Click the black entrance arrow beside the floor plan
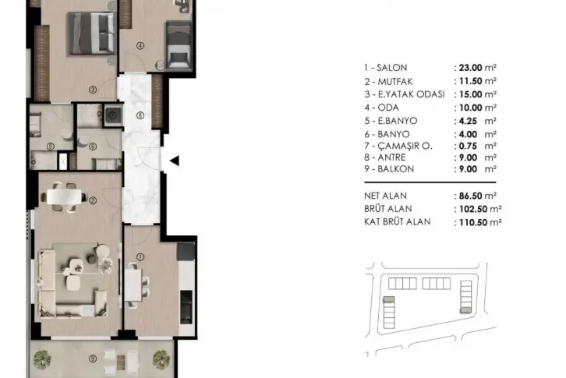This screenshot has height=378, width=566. [175, 161]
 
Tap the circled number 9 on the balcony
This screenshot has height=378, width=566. [93, 359]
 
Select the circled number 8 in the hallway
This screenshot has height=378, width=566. [140, 115]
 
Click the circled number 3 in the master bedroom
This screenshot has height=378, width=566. [93, 89]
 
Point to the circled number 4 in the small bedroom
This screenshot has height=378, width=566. [140, 45]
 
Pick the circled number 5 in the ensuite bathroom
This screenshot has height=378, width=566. [51, 147]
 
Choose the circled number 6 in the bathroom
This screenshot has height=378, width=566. [93, 147]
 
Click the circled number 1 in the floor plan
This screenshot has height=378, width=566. [140, 256]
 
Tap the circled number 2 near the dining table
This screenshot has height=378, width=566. [93, 200]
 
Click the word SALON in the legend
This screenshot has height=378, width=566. [391, 68]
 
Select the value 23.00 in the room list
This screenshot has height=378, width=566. [471, 68]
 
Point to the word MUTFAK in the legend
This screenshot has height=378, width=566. [395, 81]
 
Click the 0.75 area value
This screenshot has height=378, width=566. [469, 146]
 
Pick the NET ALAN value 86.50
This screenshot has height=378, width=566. [471, 196]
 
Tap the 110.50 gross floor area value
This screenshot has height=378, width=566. [473, 222]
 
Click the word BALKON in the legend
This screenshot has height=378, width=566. [395, 169]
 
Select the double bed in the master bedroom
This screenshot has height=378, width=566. [92, 34]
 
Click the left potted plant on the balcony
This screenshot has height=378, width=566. [42, 359]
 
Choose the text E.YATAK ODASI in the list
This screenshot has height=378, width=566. [411, 94]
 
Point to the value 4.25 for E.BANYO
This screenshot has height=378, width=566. [469, 121]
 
